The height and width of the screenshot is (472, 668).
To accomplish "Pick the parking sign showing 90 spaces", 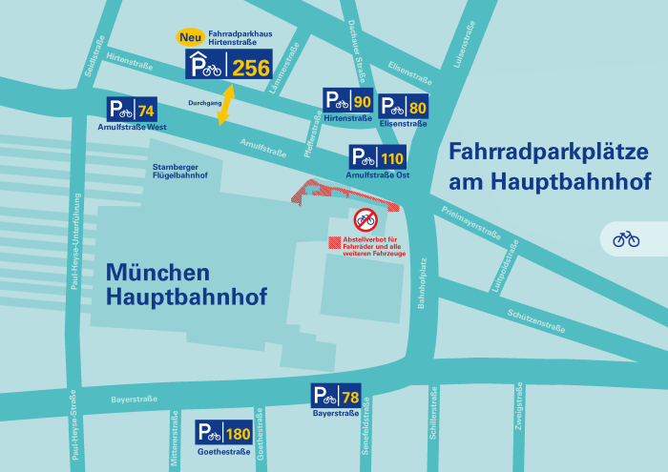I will click(347, 101).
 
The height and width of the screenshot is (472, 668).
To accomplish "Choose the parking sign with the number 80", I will click(404, 106).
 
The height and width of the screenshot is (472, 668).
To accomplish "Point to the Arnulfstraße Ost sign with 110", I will click(378, 157).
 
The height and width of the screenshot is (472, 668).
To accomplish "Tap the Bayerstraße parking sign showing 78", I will click(337, 396).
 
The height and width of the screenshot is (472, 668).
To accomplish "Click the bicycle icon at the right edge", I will click(626, 238).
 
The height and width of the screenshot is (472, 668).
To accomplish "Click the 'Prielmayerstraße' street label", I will click(472, 221).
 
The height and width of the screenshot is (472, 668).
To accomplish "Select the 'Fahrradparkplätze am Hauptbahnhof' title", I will click(549, 165).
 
